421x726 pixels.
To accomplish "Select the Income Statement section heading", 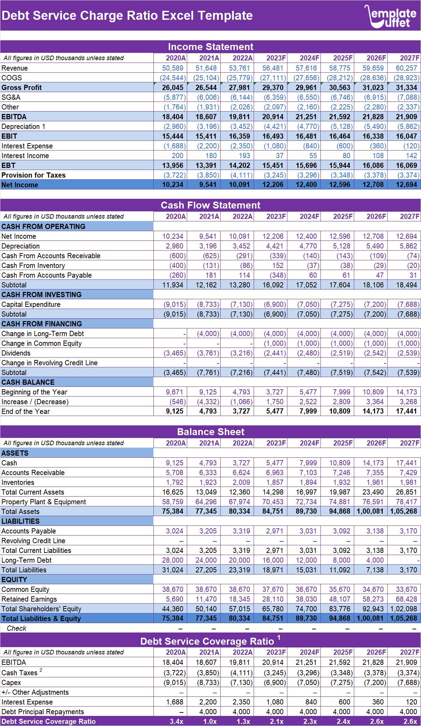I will pyautogui.click(x=210, y=47).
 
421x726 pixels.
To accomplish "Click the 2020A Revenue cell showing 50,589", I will pyautogui.click(x=173, y=68).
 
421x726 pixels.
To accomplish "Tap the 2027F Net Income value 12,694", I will pyautogui.click(x=406, y=185).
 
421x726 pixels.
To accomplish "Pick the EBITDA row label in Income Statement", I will pyautogui.click(x=14, y=117).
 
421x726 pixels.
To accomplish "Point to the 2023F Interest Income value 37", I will pyautogui.click(x=279, y=156).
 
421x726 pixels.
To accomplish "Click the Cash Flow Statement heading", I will pyautogui.click(x=210, y=205).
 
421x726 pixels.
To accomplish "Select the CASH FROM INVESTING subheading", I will pyautogui.click(x=41, y=295).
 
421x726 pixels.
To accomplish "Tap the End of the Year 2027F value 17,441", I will pyautogui.click(x=406, y=411).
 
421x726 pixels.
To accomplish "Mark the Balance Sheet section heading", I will pyautogui.click(x=210, y=432).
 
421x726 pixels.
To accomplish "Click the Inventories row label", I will pyautogui.click(x=18, y=482).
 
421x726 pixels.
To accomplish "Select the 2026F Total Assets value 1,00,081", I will pyautogui.click(x=370, y=511).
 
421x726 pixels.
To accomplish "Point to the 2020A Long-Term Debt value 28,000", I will pyautogui.click(x=173, y=560).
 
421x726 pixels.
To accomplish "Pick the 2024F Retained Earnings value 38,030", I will pyautogui.click(x=306, y=599).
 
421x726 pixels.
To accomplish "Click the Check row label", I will pyautogui.click(x=16, y=628).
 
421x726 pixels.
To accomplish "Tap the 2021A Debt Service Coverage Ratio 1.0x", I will pyautogui.click(x=210, y=721).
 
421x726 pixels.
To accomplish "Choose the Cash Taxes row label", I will pyautogui.click(x=19, y=673).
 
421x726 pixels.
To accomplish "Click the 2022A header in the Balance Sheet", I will pyautogui.click(x=243, y=443).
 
